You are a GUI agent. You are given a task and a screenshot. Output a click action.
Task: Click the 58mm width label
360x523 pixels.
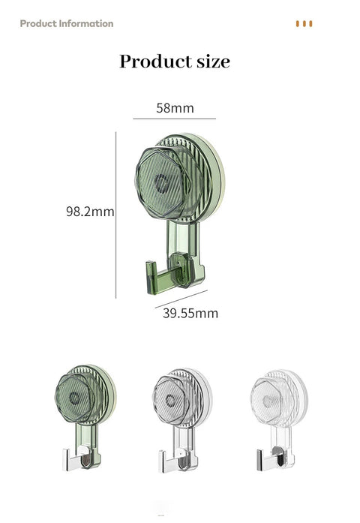[175, 108]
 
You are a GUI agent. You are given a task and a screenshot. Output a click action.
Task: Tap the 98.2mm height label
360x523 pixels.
[89, 212]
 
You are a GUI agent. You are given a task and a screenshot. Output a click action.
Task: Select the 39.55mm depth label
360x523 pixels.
[190, 313]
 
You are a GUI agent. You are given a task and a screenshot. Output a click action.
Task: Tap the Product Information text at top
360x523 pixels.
[67, 23]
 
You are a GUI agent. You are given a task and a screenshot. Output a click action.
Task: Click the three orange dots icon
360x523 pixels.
[304, 24]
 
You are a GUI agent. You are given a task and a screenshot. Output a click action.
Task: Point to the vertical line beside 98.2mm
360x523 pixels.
[116, 215]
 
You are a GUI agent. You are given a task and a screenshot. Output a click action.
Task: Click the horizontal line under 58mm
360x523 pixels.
[175, 119]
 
